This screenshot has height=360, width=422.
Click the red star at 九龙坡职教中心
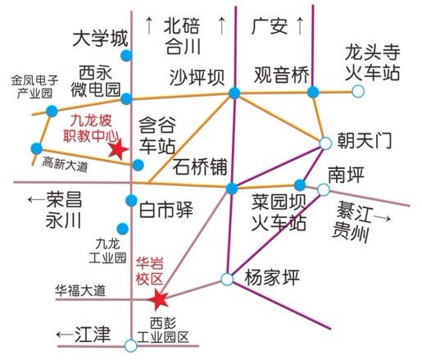tap(118, 149)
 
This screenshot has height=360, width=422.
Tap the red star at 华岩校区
tap(158, 299)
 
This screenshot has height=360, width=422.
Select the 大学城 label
tap(100, 39)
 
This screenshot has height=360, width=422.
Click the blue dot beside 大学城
tap(126, 56)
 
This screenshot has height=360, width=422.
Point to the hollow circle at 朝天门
tap(325, 144)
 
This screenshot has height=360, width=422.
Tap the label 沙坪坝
tap(197, 77)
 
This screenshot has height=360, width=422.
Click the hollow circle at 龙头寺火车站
tap(358, 91)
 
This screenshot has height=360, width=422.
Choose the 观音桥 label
tap(282, 75)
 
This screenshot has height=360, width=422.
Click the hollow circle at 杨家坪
tap(227, 279)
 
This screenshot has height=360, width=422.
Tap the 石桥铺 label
tap(200, 166)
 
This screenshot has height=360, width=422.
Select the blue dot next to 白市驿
tap(131, 201)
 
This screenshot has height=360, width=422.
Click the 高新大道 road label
tap(65, 164)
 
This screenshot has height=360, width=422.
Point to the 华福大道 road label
tap(80, 290)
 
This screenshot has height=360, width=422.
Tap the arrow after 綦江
tap(382, 218)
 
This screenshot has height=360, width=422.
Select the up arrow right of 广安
tap(300, 25)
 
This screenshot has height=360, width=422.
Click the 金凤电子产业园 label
tap(34, 87)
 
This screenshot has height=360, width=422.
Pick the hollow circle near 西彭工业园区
tap(131, 345)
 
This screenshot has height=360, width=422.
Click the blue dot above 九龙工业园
tap(123, 229)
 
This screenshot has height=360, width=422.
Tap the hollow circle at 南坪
tap(324, 189)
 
